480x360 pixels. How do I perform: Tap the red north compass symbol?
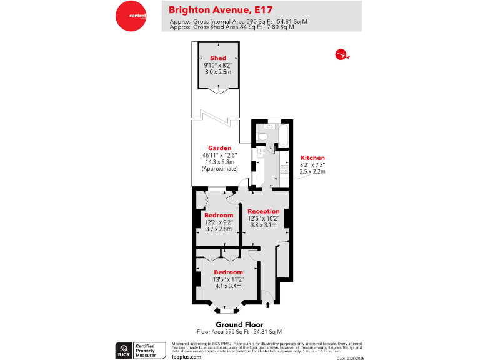click(341, 55)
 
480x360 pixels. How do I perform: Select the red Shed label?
click(217, 58)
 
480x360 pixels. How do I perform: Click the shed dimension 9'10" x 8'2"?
click(217, 65)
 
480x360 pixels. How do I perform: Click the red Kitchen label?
click(312, 157)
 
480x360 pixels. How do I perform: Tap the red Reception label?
click(263, 211)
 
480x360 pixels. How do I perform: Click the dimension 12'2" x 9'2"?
click(218, 222)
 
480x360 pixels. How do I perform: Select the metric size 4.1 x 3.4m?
click(228, 286)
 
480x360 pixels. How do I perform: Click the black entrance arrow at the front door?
click(268, 305)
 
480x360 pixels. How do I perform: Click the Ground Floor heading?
click(239, 324)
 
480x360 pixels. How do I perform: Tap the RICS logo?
click(123, 349)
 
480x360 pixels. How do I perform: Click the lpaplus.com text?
click(186, 356)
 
